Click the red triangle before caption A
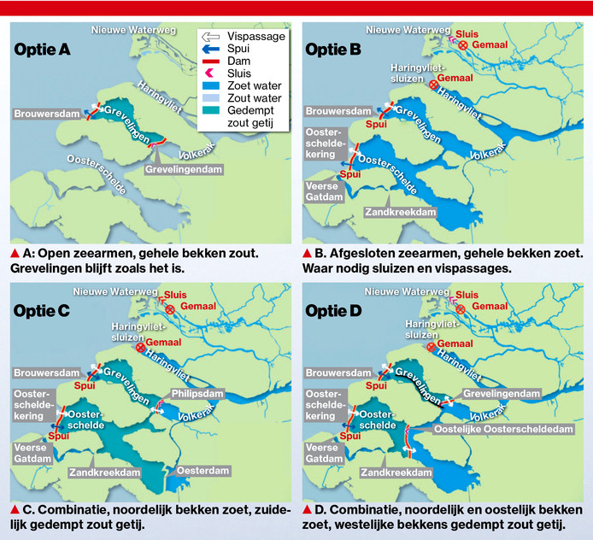point(15,254)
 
